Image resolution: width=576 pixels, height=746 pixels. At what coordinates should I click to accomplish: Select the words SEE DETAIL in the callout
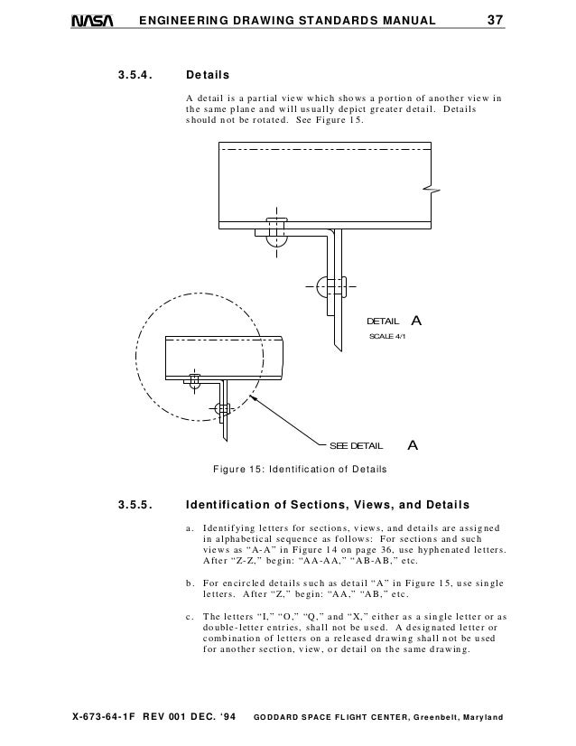click(356, 446)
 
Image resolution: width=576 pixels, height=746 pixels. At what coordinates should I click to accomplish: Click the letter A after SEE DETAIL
click(413, 445)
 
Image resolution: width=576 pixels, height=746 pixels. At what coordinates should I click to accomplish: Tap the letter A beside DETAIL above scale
click(416, 321)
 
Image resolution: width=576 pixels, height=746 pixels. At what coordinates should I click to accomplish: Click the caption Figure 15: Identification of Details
click(299, 469)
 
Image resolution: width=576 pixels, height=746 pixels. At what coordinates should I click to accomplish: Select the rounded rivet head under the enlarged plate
click(275, 238)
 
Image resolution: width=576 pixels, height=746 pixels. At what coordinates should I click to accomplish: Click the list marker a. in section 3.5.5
click(189, 527)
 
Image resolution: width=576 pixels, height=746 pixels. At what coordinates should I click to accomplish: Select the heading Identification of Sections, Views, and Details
click(327, 504)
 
